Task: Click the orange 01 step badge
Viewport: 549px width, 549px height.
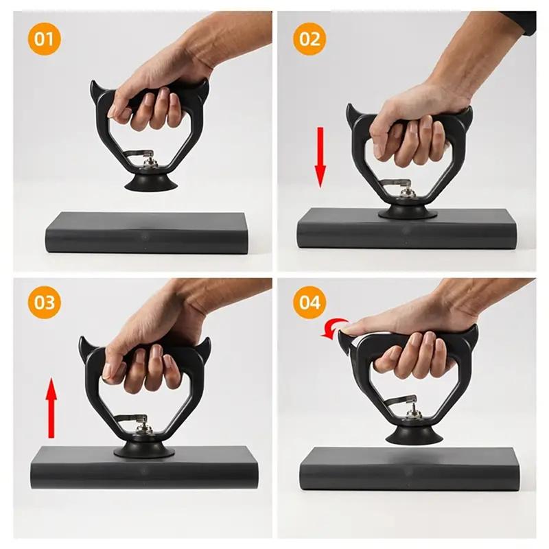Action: coord(45,39)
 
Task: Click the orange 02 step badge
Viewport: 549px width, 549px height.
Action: coord(309,39)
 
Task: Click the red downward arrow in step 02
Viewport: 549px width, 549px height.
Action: coord(320,156)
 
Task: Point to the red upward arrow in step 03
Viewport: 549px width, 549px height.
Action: coord(51,410)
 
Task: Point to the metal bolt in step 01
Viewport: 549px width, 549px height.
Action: coord(150,163)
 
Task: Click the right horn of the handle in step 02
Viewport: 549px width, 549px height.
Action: coord(467,112)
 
